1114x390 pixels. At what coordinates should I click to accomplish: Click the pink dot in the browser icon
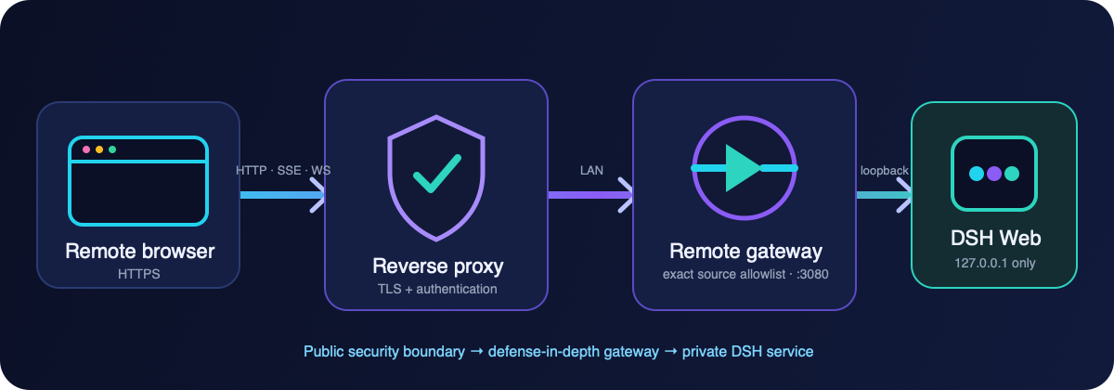[x=86, y=149]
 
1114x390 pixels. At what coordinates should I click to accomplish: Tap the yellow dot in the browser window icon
[x=99, y=149]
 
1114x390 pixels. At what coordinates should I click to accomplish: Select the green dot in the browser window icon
[x=112, y=149]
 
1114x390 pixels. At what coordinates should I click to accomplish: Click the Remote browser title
[x=140, y=252]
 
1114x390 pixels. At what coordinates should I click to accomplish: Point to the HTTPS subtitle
[x=138, y=274]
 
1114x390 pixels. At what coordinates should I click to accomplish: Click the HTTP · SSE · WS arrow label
[x=283, y=171]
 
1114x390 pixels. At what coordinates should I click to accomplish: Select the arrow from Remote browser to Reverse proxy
[x=282, y=195]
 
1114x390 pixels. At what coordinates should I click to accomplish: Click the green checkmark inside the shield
[x=437, y=173]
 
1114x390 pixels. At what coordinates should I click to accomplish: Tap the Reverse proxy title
[x=437, y=266]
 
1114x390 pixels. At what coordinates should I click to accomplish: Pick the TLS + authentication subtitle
[x=437, y=289]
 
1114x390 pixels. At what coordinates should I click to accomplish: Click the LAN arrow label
[x=591, y=171]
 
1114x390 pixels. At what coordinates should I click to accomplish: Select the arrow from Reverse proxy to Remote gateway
[x=590, y=195]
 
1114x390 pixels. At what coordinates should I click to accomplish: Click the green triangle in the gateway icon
[x=743, y=168]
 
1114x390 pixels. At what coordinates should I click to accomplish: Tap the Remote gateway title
[x=745, y=252]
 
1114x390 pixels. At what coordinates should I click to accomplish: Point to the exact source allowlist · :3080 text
[x=745, y=274]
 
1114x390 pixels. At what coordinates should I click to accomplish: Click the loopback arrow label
[x=884, y=171]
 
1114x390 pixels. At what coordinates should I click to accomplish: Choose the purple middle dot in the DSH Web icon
[x=994, y=174]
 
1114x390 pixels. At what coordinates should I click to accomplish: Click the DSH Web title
[x=995, y=239]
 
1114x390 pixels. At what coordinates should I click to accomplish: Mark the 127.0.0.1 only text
[x=994, y=263]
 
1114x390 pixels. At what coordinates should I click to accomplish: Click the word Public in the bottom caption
[x=323, y=352]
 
